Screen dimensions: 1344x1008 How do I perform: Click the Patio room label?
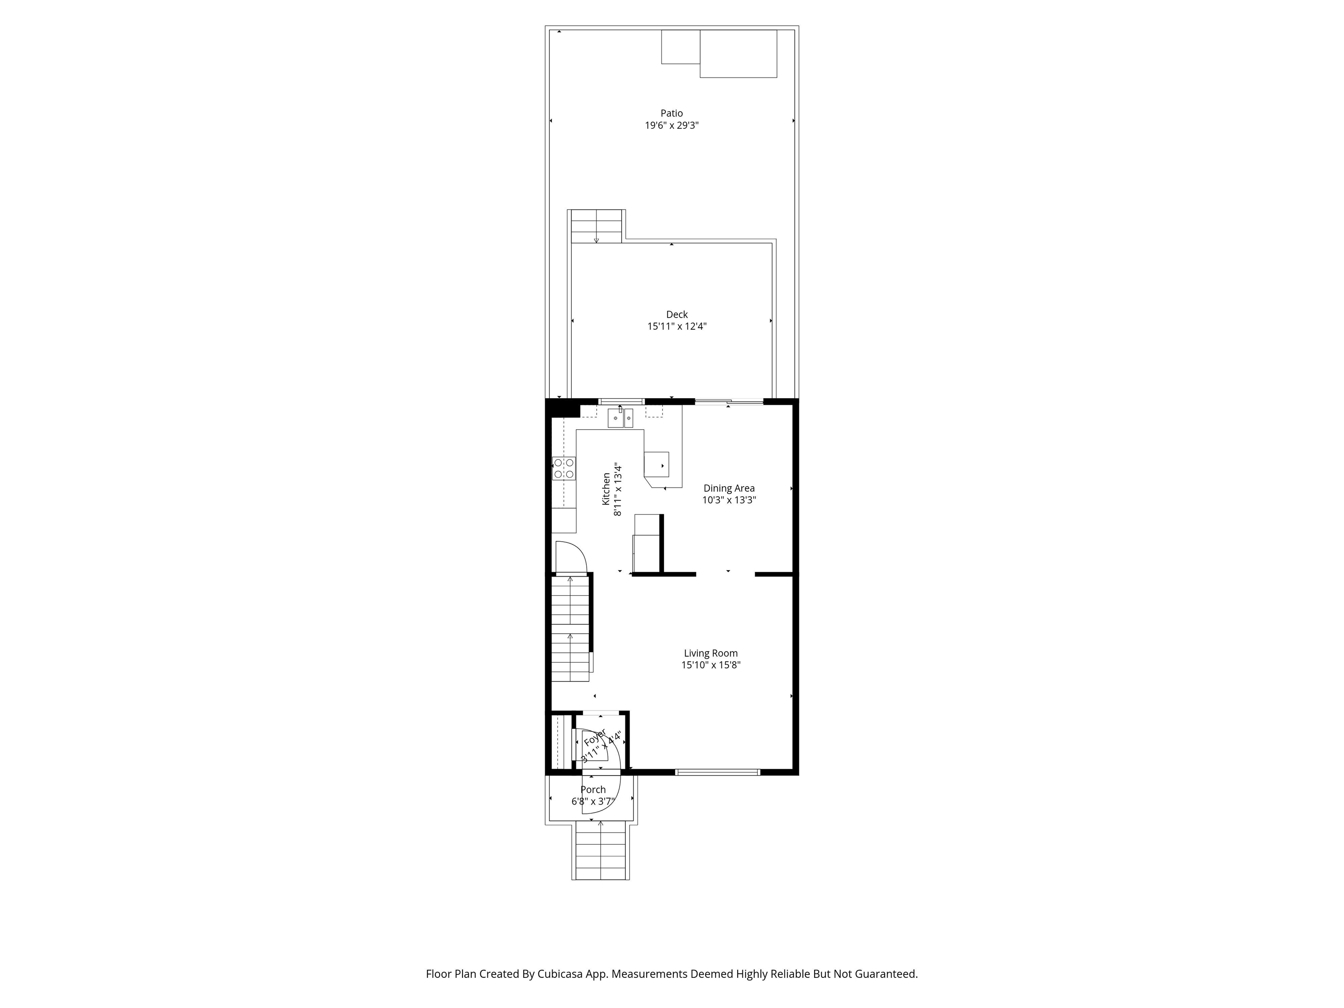[x=672, y=113]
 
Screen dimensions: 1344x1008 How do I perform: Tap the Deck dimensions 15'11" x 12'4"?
[x=677, y=326]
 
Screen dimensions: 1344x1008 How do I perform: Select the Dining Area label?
[x=729, y=488]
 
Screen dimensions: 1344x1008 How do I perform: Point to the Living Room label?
[x=711, y=653]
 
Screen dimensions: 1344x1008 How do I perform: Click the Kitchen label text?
[x=606, y=489]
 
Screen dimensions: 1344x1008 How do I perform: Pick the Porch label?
[x=593, y=790]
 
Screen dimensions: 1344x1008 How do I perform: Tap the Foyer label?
[x=595, y=738]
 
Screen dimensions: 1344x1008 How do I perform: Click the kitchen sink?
[x=620, y=418]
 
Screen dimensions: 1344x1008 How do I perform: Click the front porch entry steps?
[x=600, y=850]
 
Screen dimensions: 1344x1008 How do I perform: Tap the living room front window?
[x=717, y=772]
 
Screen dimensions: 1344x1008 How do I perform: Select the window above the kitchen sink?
[x=621, y=402]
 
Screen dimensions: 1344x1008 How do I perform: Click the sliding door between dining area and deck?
[x=729, y=402]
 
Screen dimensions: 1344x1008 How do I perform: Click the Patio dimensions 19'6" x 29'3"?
[x=672, y=126]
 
